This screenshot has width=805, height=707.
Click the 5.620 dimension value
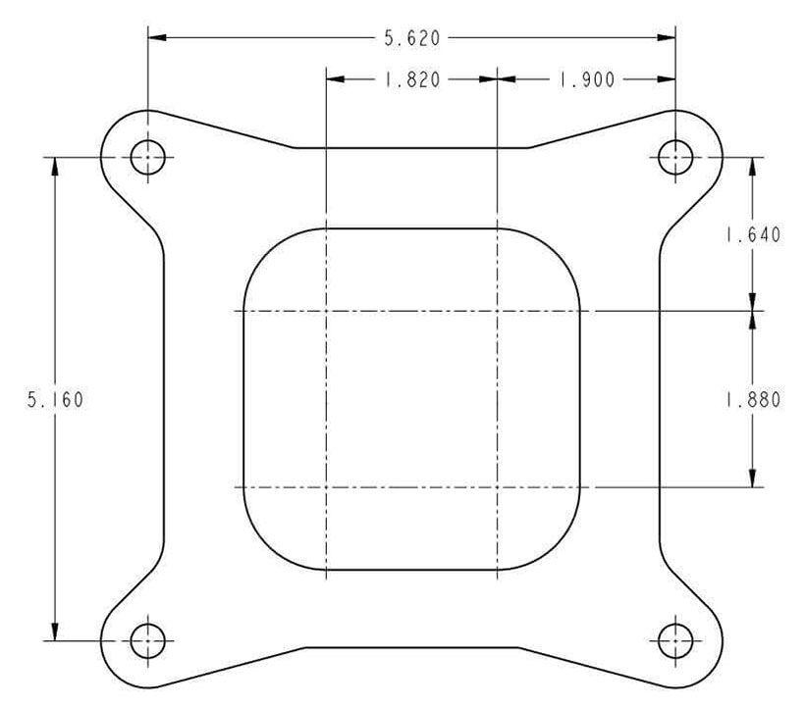pos(411,38)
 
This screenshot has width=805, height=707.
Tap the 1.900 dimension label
pos(586,80)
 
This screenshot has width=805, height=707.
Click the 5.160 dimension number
pos(55,400)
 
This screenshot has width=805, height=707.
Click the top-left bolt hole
pos(148,156)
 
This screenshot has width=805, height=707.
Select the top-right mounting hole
pos(675,156)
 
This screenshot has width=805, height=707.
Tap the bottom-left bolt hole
pos(148,642)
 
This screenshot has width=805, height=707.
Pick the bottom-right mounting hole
pos(675,642)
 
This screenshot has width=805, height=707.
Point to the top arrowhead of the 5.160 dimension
pos(55,166)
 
